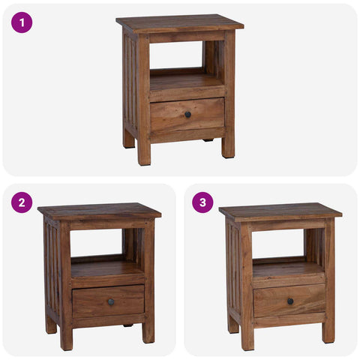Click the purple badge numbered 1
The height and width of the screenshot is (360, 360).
pos(22,22)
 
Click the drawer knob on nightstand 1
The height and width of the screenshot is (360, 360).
pos(187,114)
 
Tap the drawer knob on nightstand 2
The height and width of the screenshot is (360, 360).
pos(111,302)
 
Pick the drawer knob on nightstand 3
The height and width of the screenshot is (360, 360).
pos(290,301)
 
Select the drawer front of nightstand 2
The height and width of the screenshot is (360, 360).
pos(94,301)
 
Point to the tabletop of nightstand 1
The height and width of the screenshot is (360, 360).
pos(180,22)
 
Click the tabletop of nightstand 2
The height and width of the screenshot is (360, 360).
pos(99,211)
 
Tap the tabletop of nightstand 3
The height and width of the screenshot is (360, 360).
pos(280,211)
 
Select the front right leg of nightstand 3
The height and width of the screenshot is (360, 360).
pos(328,326)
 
